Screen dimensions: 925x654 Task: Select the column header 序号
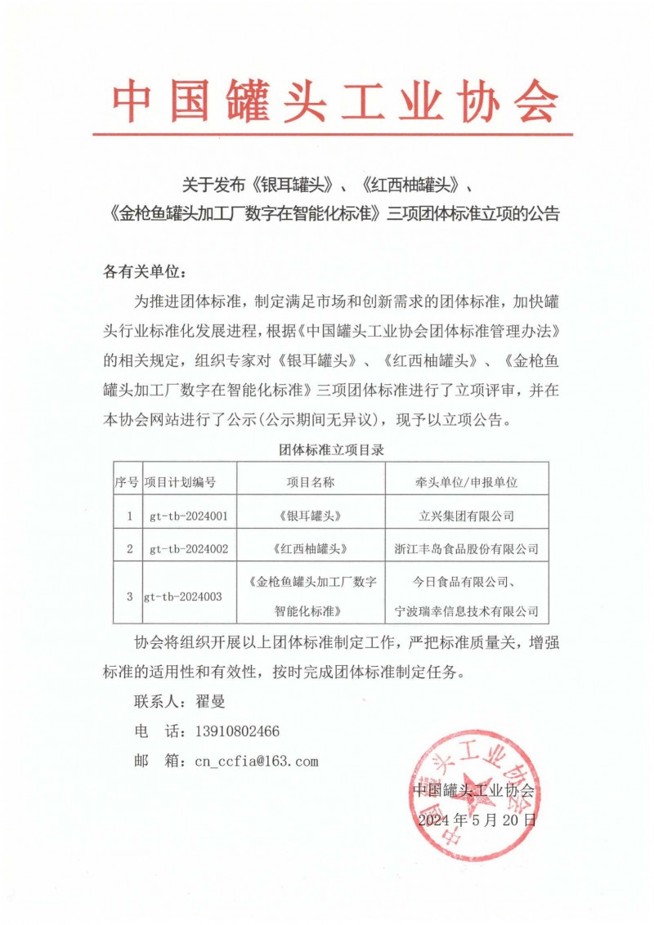pyautogui.click(x=126, y=482)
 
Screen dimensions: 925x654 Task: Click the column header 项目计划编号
pyautogui.click(x=180, y=482)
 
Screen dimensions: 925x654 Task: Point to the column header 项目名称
pyautogui.click(x=310, y=482)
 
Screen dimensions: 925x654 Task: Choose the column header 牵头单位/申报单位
pyautogui.click(x=467, y=482)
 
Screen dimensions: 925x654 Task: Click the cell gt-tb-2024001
pyautogui.click(x=189, y=516)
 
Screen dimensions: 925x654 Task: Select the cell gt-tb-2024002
pyautogui.click(x=189, y=548)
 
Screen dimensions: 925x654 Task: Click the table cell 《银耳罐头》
pyautogui.click(x=310, y=516)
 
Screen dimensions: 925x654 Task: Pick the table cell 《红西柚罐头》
pyautogui.click(x=310, y=548)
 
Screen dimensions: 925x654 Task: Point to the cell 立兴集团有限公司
pyautogui.click(x=467, y=516)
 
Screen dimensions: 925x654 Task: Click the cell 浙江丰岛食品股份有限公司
pyautogui.click(x=467, y=548)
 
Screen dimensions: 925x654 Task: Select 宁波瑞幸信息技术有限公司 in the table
pyautogui.click(x=467, y=610)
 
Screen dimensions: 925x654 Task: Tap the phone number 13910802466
pyautogui.click(x=238, y=731)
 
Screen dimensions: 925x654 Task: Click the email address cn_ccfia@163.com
pyautogui.click(x=256, y=762)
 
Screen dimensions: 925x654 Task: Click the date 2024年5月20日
pyautogui.click(x=477, y=820)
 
